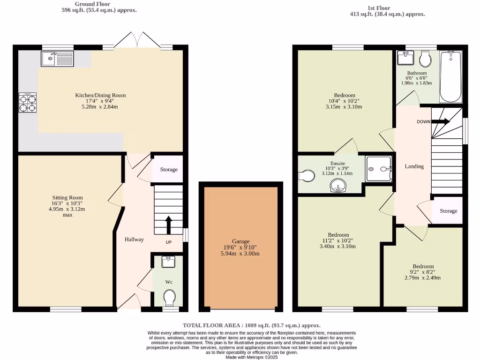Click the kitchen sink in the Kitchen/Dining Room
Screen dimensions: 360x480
tap(57, 59)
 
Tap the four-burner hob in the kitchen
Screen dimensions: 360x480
tap(27, 103)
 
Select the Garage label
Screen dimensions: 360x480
tap(241, 241)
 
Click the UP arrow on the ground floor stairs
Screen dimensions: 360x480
tap(168, 225)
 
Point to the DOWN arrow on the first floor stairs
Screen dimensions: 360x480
tap(440, 121)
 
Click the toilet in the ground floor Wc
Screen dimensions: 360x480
tap(170, 297)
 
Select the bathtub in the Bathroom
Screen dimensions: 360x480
tap(450, 76)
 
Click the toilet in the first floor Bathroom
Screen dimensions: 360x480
tap(426, 59)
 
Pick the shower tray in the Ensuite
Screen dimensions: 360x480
tap(378, 168)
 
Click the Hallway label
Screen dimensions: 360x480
tap(134, 240)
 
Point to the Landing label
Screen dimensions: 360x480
tap(414, 166)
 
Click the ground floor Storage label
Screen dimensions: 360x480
tap(169, 169)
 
